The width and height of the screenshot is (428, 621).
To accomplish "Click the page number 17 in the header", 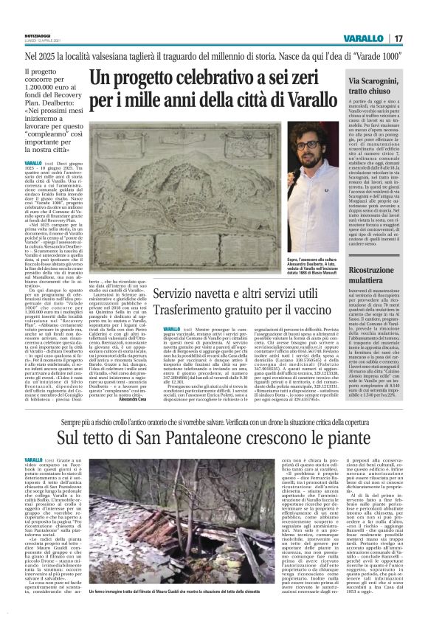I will coord(416,38).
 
